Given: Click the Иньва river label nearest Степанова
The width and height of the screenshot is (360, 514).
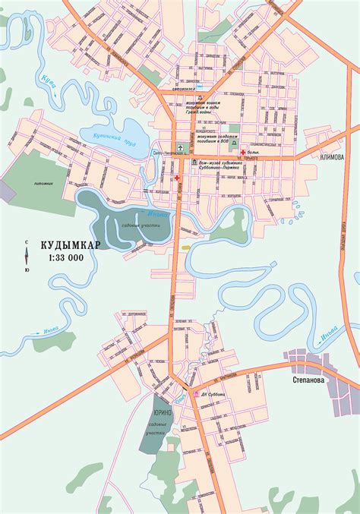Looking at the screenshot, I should pos(328,332).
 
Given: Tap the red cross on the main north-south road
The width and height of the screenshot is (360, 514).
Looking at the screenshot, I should pos(177,178).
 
